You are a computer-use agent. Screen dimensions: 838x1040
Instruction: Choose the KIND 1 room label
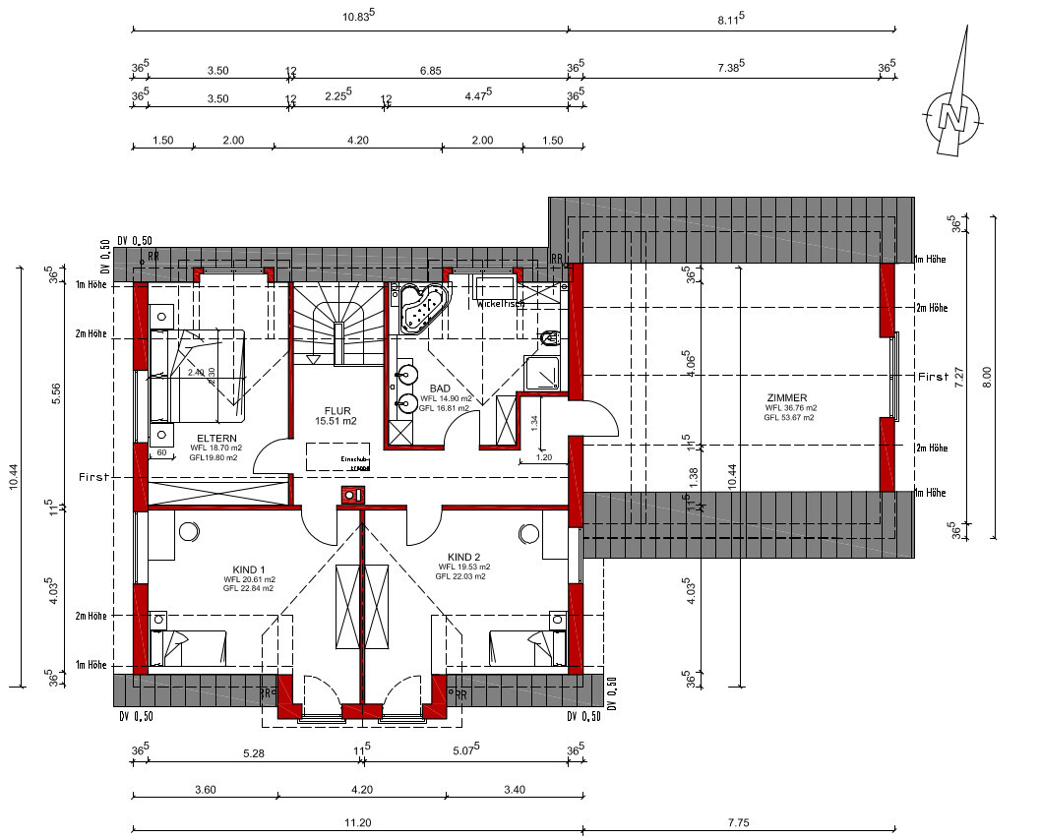coord(249,569)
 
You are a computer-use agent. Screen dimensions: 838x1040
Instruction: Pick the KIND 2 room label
coord(463,557)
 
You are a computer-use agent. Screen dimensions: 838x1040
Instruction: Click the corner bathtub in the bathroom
coord(421,307)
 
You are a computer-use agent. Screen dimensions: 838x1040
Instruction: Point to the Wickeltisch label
coord(501,304)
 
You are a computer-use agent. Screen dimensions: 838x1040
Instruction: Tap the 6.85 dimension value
coord(429,71)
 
